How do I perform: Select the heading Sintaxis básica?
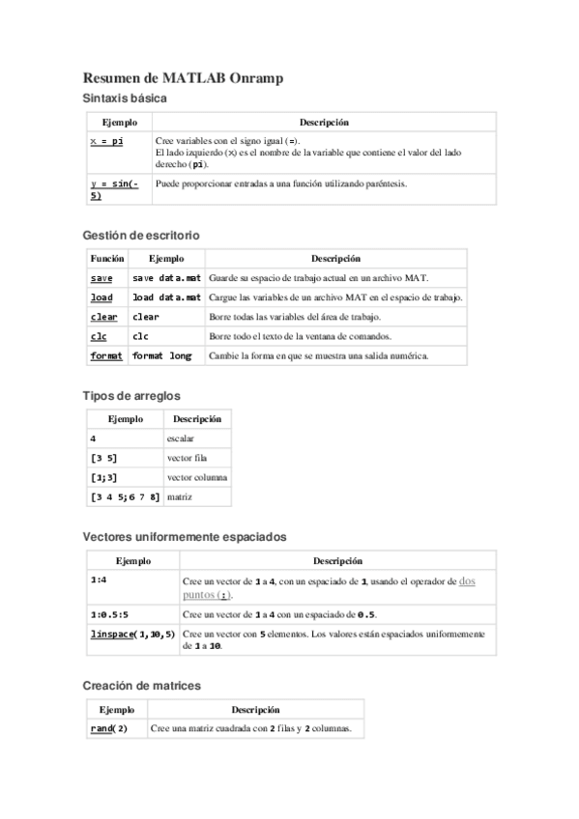click(125, 99)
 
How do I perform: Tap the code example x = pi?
click(106, 141)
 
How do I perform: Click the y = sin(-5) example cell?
click(115, 189)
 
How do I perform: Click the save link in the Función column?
click(101, 278)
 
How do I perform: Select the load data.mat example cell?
click(166, 297)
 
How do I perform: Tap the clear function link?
click(103, 317)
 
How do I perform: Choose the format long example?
click(161, 355)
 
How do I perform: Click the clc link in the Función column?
click(99, 336)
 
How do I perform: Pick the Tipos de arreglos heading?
click(131, 396)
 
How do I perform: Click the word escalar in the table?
click(181, 439)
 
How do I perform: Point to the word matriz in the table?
click(180, 497)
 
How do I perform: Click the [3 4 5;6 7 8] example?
click(125, 497)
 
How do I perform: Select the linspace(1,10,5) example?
click(132, 634)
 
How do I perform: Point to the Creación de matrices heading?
click(141, 685)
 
